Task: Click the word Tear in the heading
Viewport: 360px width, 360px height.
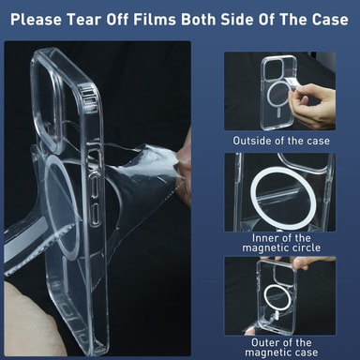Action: coord(84,20)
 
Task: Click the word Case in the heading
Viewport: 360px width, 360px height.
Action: coord(330,20)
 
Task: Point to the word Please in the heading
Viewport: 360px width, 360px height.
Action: coord(36,20)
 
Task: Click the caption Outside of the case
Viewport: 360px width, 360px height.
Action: coord(281,141)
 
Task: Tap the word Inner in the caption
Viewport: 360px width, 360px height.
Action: coord(264,238)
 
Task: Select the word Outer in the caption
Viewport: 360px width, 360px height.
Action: coord(265,342)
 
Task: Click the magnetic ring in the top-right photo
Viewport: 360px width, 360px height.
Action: coord(269,96)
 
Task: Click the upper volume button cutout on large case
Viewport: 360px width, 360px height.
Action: coord(95,187)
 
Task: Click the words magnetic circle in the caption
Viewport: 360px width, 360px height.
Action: coord(281,247)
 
